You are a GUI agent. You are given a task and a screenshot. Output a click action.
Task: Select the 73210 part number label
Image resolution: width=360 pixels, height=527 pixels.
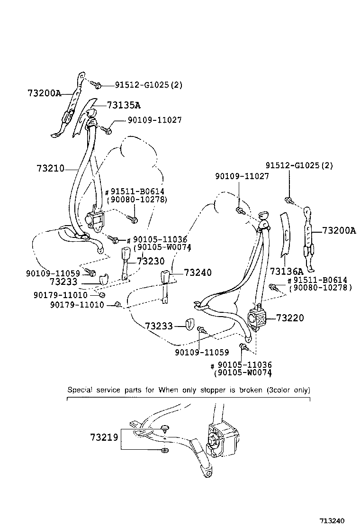coord(50,168)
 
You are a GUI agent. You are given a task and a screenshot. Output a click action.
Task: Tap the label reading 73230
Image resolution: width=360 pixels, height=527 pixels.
coord(151,261)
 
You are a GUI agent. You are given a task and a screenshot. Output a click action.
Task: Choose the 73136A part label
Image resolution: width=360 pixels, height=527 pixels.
coord(286,272)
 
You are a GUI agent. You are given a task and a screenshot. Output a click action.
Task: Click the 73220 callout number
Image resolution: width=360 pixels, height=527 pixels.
coord(289,318)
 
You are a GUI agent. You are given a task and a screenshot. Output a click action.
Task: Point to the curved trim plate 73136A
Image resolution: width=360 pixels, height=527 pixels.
coord(286,236)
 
